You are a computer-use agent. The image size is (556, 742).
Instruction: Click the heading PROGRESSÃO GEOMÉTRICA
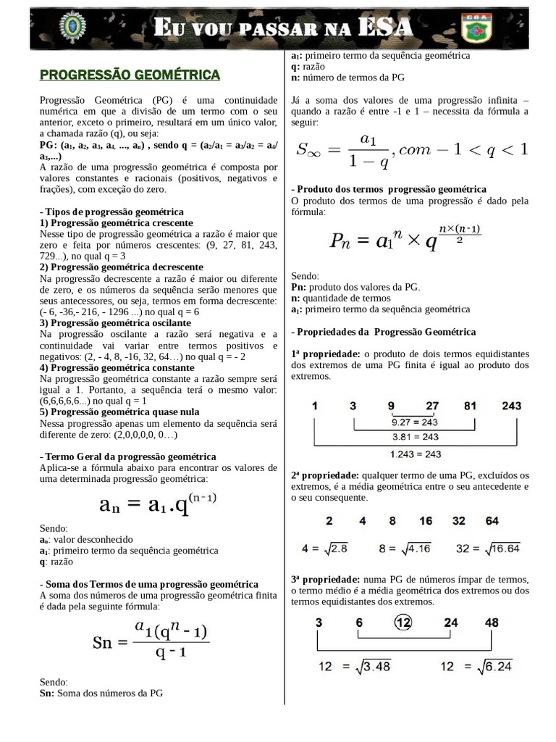click(x=130, y=75)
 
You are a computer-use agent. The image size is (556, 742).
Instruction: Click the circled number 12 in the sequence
click(x=403, y=622)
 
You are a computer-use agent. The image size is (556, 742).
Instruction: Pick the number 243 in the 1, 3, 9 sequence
click(x=511, y=406)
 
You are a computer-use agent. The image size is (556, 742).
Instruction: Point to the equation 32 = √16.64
click(x=488, y=549)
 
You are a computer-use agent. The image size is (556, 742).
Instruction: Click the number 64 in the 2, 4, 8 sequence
click(x=492, y=520)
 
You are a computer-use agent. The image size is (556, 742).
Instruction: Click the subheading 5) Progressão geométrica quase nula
click(x=119, y=412)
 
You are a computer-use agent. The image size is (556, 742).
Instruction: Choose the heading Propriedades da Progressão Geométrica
click(x=384, y=331)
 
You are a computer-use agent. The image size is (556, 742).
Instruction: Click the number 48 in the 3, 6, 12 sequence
click(x=492, y=622)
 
